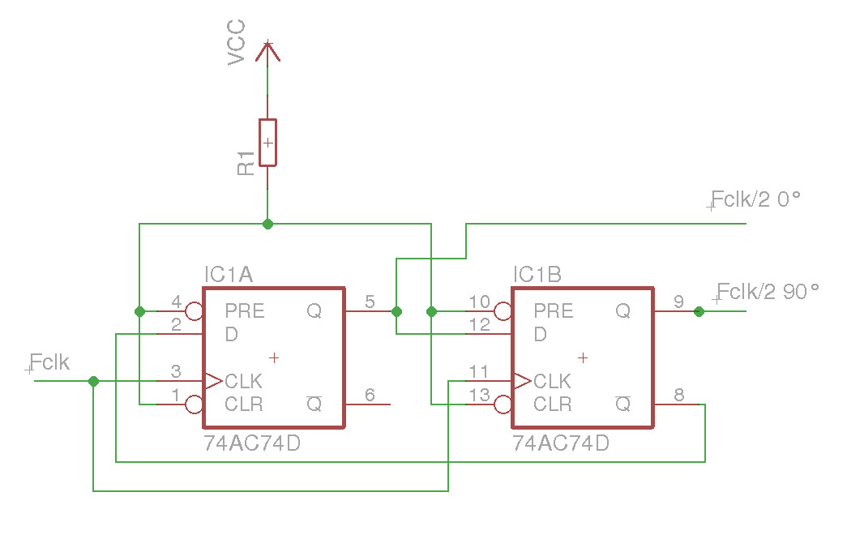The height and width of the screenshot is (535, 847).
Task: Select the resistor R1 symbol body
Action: (x=267, y=143)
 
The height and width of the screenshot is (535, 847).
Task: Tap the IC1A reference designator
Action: (x=229, y=276)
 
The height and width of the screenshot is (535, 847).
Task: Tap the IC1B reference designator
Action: (x=537, y=276)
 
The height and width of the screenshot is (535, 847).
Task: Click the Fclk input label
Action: (x=49, y=362)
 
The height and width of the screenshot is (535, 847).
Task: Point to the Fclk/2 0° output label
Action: (x=755, y=199)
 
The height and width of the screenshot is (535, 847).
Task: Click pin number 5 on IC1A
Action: (x=370, y=302)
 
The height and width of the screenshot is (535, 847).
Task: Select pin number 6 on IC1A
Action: (x=370, y=395)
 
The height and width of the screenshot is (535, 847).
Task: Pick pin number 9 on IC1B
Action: (x=678, y=302)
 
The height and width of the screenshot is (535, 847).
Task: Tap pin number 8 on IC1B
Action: (x=678, y=395)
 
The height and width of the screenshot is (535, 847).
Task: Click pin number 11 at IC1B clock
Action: (x=479, y=372)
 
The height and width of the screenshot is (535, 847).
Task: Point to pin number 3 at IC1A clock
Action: (x=176, y=372)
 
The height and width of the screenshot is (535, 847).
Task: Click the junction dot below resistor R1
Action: (x=267, y=224)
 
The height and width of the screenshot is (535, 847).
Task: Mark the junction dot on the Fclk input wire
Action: (x=93, y=381)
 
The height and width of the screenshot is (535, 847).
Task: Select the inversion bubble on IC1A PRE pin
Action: (x=195, y=311)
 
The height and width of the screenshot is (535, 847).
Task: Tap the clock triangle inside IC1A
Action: (x=213, y=381)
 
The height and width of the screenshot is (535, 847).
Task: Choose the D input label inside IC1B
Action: (x=540, y=334)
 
